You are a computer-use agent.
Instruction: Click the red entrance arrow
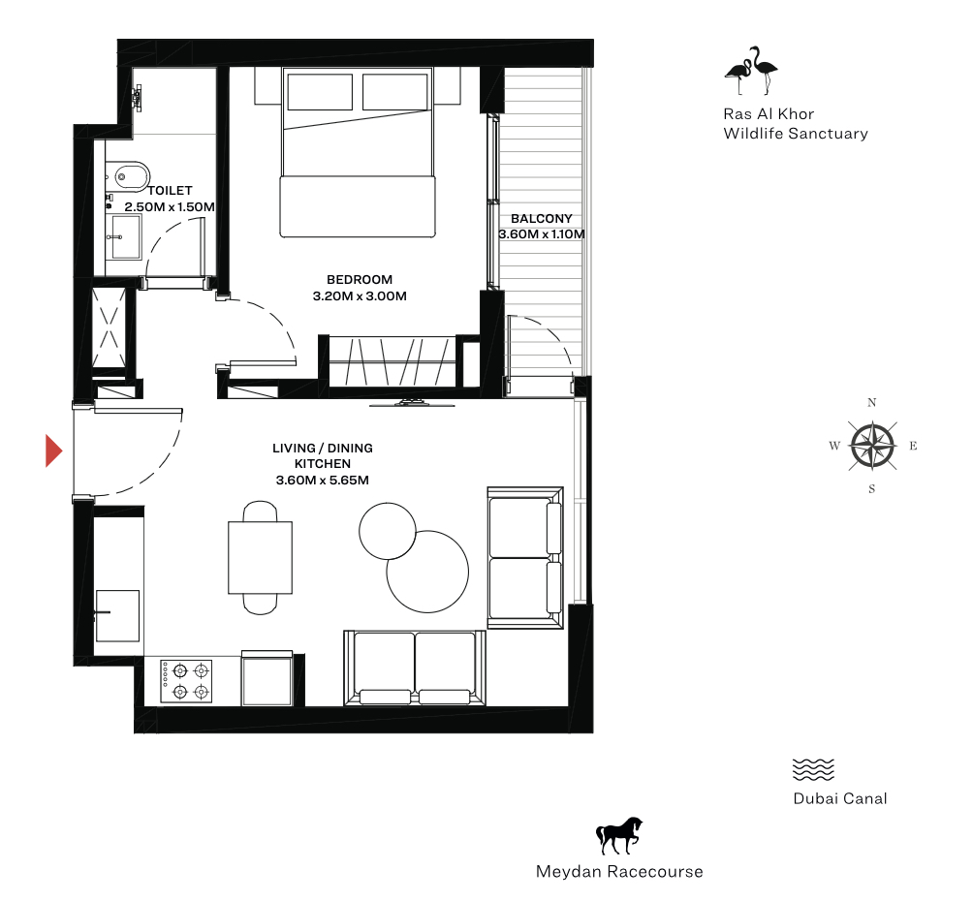(53, 450)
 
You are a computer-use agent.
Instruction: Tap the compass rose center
(872, 446)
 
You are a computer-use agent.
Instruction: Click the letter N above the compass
(872, 403)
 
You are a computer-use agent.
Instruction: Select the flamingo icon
(751, 70)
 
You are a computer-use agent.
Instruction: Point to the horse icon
(619, 835)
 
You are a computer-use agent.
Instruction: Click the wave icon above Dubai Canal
(813, 769)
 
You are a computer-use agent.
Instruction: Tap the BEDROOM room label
(360, 280)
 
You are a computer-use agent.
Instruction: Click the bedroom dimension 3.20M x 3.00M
(360, 296)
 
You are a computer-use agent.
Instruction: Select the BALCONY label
(541, 218)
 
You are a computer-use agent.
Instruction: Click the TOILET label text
(170, 191)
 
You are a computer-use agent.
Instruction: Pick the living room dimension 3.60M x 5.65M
(323, 480)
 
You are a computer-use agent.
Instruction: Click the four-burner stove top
(186, 681)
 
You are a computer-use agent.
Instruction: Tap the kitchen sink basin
(117, 615)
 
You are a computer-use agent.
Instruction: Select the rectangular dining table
(260, 558)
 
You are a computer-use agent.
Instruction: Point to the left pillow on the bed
(320, 92)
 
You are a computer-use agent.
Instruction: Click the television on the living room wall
(412, 403)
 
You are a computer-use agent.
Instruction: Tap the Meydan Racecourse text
(619, 872)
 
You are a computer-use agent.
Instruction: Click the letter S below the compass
(872, 489)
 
